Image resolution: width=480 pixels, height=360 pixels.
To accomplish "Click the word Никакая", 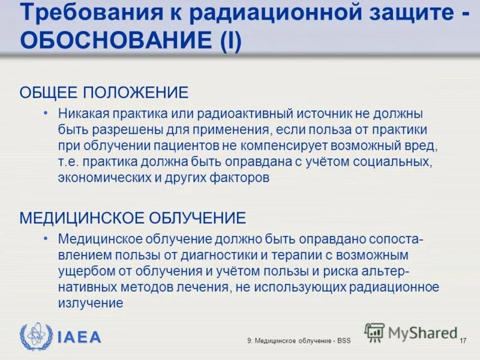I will click(x=82, y=113).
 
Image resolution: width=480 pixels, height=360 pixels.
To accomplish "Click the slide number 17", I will click(x=463, y=341).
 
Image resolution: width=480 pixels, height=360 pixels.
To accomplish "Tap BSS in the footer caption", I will click(x=343, y=341).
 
